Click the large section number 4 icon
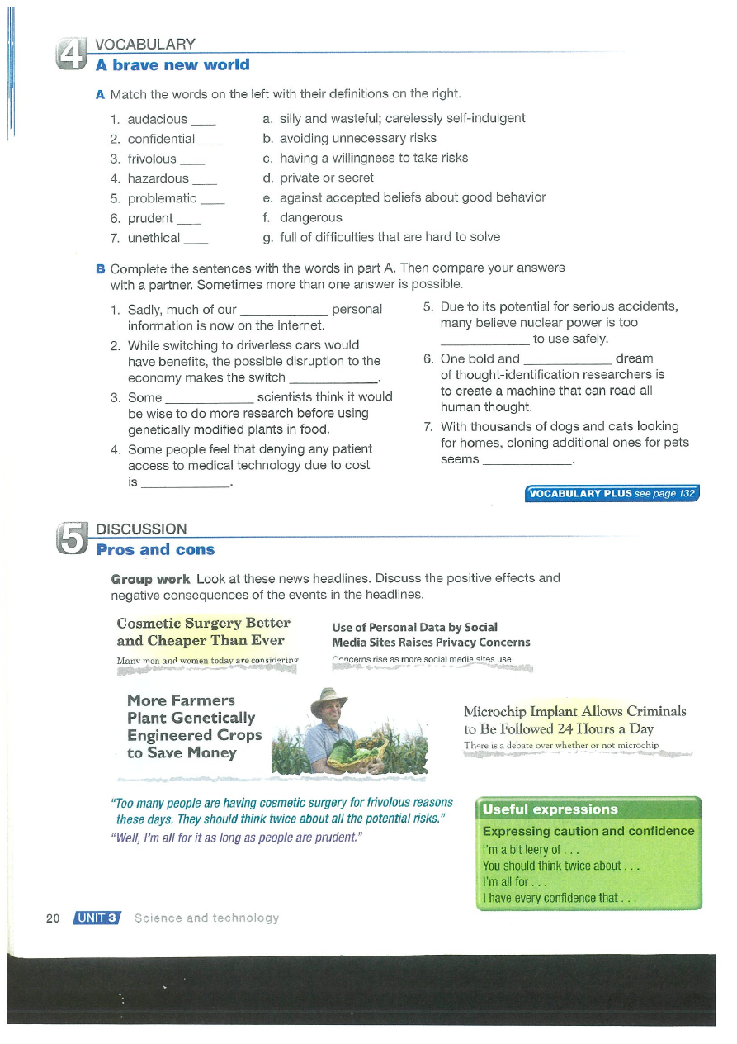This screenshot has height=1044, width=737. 70,55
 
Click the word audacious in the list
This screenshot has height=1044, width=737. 157,119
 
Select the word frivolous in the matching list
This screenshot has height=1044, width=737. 152,159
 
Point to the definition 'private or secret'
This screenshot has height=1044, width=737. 326,178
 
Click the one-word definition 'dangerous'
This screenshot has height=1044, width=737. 310,218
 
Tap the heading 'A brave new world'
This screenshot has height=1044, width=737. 172,65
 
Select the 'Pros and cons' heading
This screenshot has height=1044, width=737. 155,550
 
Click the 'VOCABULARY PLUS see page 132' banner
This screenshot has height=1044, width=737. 612,494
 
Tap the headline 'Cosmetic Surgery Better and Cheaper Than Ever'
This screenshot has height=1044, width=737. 203,632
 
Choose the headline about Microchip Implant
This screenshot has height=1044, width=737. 574,720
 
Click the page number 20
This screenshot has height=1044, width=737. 53,918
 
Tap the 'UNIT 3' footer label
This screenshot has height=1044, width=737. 97,918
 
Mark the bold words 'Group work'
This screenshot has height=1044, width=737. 150,578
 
